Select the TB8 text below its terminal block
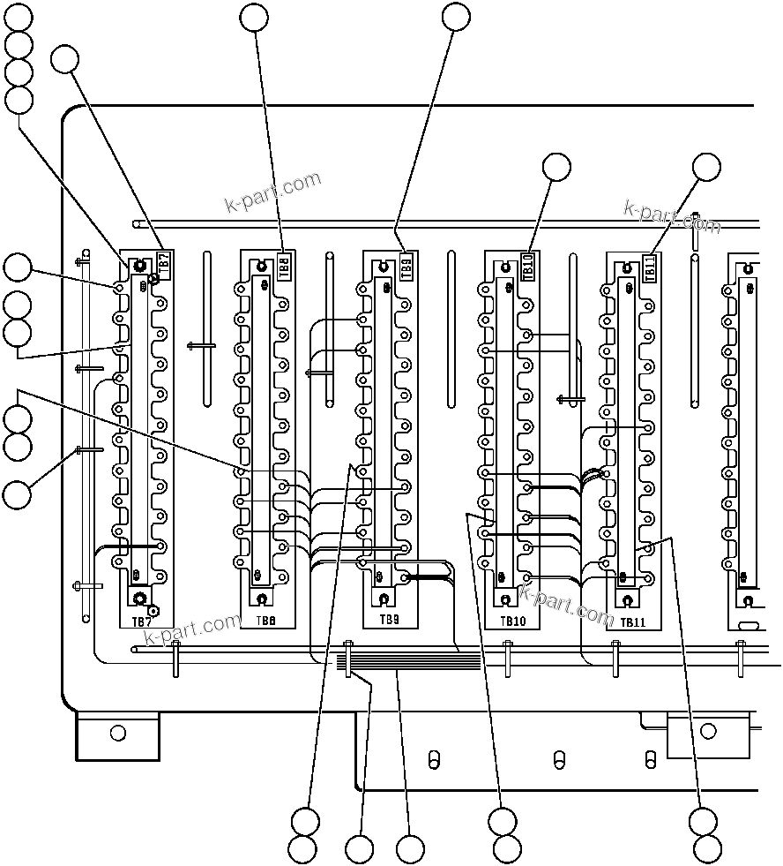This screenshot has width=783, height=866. pos(266,621)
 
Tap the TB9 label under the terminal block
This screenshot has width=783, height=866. pos(389,621)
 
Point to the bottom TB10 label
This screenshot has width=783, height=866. pos(512,621)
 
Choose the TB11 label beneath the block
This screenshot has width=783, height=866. pos(633,622)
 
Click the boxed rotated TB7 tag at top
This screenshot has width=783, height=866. pos(162,262)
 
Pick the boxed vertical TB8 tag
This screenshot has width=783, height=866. pos(284,266)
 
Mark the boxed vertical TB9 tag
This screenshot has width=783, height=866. pos(406,266)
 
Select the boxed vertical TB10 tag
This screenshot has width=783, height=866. pos(528,266)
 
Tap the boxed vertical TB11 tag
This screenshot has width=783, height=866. pos(650,267)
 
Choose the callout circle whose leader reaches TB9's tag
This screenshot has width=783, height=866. pos(456,17)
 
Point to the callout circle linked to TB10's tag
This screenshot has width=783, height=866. pos(556,167)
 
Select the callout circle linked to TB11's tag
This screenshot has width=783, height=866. pos(705,167)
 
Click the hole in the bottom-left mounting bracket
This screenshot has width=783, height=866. pos(118,733)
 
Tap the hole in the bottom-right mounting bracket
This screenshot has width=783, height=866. pos(707,732)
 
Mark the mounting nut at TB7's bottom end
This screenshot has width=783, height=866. pos(139,599)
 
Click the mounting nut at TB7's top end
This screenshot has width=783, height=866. pos(139,266)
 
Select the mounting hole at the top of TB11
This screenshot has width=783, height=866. pos(627,267)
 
